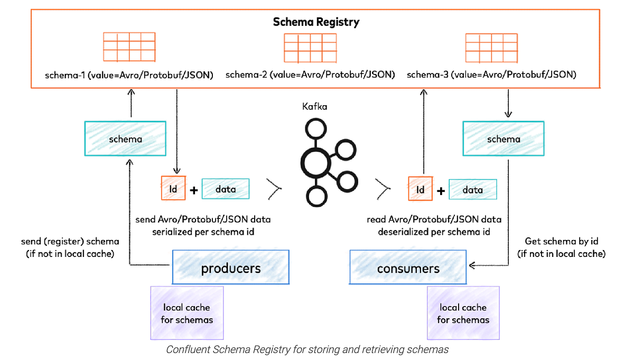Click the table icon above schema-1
click(129, 47)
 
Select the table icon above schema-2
click(311, 47)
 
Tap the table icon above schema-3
click(491, 47)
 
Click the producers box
click(230, 268)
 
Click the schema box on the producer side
click(125, 139)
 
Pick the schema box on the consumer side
click(504, 139)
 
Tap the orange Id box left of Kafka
click(173, 189)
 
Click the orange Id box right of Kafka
click(421, 189)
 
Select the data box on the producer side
click(226, 189)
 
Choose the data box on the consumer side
click(473, 189)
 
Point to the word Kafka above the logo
click(315, 106)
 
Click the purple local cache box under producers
click(187, 313)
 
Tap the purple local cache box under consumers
click(463, 313)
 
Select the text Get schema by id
click(561, 241)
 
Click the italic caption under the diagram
click(307, 349)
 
